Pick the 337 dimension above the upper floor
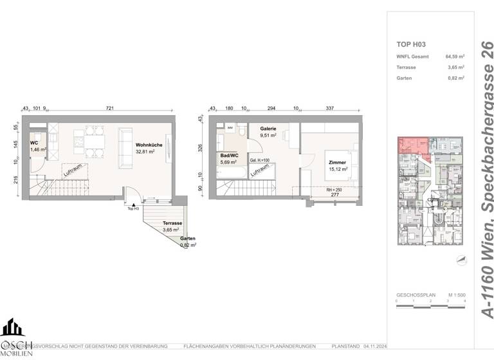[331, 109]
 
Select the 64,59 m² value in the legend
[455, 57]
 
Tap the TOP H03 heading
[412, 45]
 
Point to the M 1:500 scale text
[455, 294]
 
